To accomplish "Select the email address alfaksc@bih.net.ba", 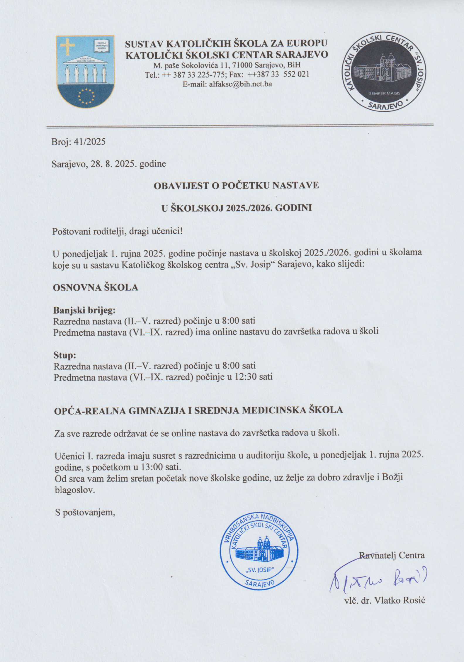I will point(239,84).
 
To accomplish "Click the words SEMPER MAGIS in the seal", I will point(384,94).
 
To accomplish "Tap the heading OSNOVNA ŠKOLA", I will point(95,287).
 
